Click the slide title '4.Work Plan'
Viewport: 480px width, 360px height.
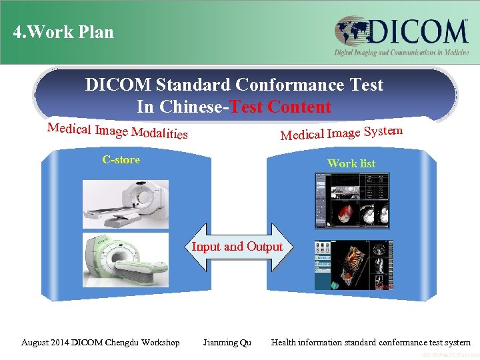coord(63,32)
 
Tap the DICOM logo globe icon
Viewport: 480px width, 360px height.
coord(351,31)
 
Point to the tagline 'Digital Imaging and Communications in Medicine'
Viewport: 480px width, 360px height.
coord(401,53)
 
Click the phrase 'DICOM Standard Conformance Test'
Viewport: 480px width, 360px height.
coord(234,85)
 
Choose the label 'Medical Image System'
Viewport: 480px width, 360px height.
coord(341,133)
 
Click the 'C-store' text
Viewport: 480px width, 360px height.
coord(121,159)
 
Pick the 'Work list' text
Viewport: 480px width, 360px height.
coord(351,163)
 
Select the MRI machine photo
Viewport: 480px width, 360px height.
coord(125,260)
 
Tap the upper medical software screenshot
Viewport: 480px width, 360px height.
coord(352,201)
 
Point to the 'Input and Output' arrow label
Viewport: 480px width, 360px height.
coord(237,247)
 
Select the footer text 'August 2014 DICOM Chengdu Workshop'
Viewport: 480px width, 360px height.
coord(101,343)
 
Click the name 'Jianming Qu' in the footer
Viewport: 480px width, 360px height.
coord(227,343)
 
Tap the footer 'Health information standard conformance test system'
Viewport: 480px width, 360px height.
coord(371,343)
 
